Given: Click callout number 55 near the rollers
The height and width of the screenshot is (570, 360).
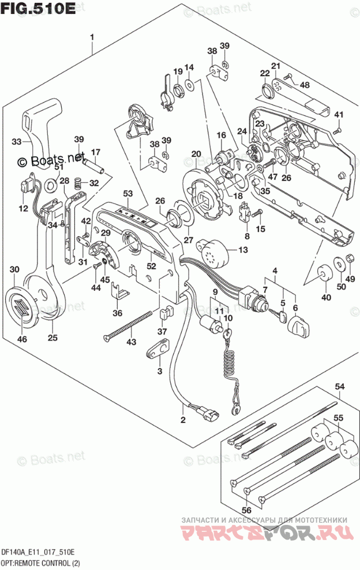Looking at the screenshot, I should [x=339, y=416].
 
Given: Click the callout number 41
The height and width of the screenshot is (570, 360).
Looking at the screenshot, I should [x=339, y=113].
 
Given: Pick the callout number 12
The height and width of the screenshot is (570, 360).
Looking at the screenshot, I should [x=22, y=208].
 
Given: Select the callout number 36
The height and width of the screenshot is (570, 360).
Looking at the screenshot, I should [x=118, y=313].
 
